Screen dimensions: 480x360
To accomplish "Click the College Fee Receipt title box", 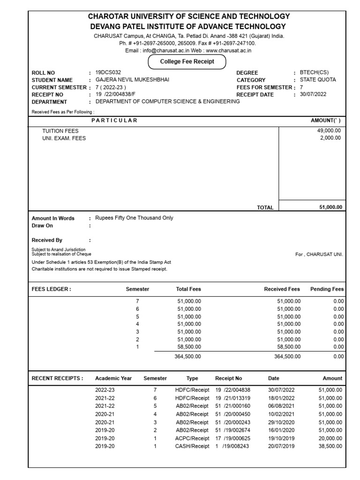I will pyautogui.click(x=187, y=61).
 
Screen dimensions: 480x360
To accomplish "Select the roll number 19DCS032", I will pyautogui.click(x=108, y=73).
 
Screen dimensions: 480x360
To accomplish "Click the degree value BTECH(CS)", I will pyautogui.click(x=314, y=73).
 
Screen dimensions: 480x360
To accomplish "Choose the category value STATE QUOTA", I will pyautogui.click(x=318, y=80).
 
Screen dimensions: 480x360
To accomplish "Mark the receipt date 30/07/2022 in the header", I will pyautogui.click(x=313, y=94).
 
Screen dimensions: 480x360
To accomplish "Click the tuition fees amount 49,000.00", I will pyautogui.click(x=329, y=131).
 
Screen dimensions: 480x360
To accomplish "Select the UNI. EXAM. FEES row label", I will pyautogui.click(x=64, y=138).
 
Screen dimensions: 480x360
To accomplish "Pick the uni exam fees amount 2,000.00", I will pyautogui.click(x=330, y=138).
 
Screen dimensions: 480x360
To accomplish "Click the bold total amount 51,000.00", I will pyautogui.click(x=330, y=207).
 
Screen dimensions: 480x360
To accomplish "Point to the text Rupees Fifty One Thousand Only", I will pyautogui.click(x=134, y=218).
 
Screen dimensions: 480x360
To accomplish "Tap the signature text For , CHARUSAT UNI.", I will pyautogui.click(x=319, y=254).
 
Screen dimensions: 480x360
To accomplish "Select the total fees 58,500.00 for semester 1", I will pyautogui.click(x=189, y=346).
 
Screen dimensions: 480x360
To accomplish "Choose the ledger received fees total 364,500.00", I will pyautogui.click(x=287, y=357).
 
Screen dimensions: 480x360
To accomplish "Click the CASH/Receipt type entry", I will pyautogui.click(x=192, y=446).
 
